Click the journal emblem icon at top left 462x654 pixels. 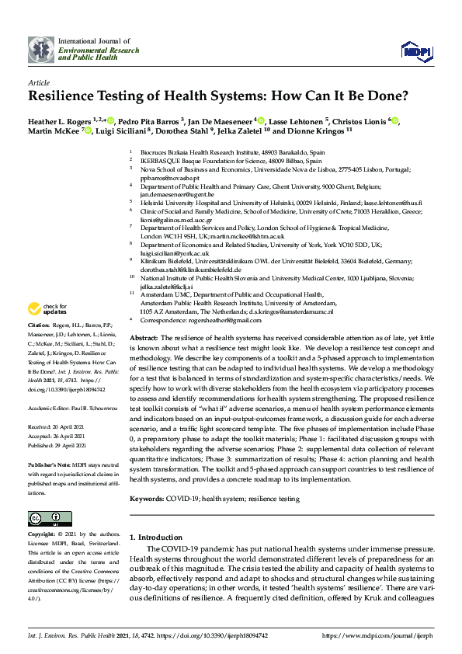pyautogui.click(x=41, y=50)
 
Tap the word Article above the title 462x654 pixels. pyautogui.click(x=39, y=82)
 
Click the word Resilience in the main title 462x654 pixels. pyautogui.click(x=71, y=97)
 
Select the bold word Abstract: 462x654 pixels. pyautogui.click(x=143, y=339)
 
